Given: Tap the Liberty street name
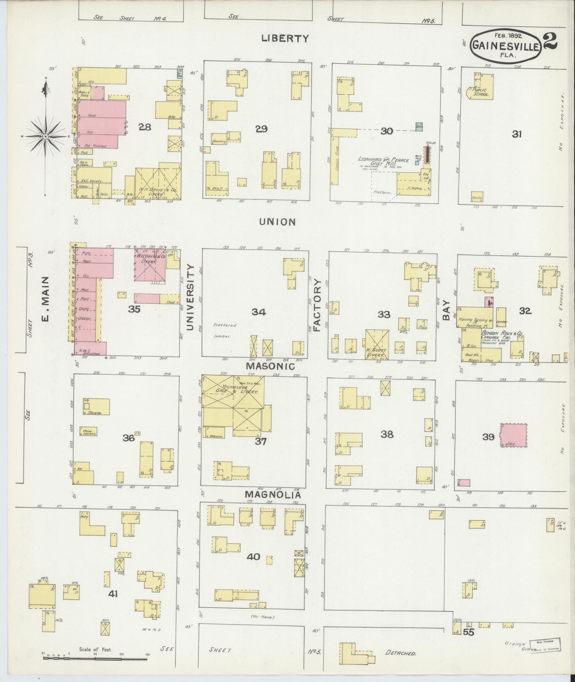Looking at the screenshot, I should [285, 39].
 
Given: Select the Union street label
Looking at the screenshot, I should [278, 222].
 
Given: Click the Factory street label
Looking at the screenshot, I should [317, 305].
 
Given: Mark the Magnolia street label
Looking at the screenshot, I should [272, 494].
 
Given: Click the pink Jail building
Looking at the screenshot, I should [513, 436].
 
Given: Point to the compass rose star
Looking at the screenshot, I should [46, 136].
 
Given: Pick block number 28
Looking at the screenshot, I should [145, 127].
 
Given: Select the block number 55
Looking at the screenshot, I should [469, 632].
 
